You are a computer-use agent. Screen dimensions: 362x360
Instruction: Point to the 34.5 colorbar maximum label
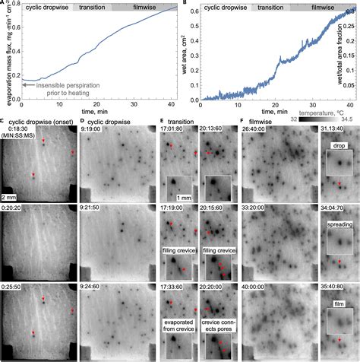[x=349, y=119]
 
